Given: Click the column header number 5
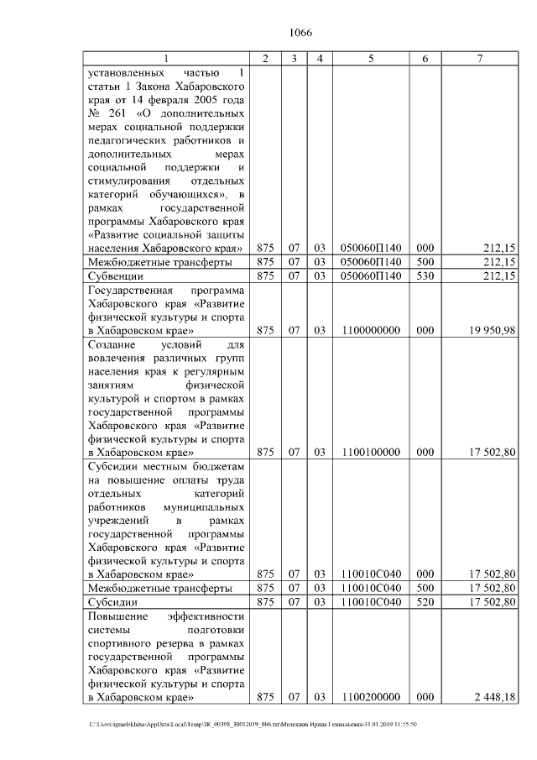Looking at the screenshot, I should click(370, 59).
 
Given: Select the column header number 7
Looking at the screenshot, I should click(479, 59).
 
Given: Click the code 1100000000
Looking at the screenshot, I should click(370, 332).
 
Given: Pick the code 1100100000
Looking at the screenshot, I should click(370, 452).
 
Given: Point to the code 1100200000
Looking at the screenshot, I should click(370, 697).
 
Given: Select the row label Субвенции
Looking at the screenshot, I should click(116, 275).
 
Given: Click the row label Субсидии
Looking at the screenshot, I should click(113, 602).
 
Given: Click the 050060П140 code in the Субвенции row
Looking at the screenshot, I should click(370, 275).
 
